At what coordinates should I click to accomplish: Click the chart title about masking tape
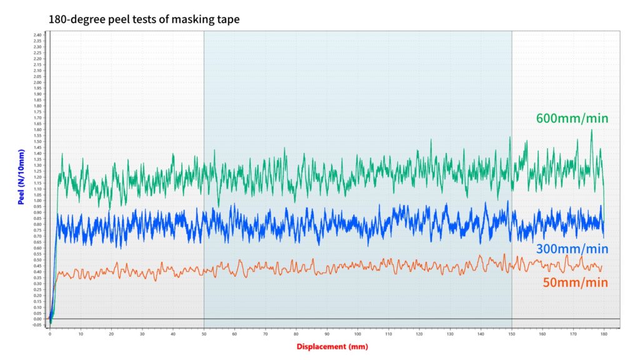(144, 20)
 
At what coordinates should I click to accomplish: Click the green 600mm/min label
(572, 118)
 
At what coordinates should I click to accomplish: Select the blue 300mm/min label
(572, 249)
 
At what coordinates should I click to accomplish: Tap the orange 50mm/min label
(575, 282)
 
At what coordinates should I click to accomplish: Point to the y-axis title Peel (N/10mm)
(21, 177)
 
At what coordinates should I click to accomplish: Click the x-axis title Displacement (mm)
(332, 346)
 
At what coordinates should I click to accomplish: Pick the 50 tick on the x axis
(204, 334)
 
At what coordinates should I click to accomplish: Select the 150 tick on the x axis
(512, 334)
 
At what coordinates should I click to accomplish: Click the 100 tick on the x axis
(357, 334)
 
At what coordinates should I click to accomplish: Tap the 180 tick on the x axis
(604, 334)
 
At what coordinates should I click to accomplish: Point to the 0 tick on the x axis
(50, 334)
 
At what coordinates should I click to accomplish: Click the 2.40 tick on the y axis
(37, 35)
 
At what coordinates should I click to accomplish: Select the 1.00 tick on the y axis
(37, 201)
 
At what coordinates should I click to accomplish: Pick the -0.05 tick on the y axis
(37, 325)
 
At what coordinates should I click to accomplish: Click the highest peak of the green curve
(591, 130)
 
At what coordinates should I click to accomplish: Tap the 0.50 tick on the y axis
(37, 260)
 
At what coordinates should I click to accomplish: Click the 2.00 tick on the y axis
(37, 82)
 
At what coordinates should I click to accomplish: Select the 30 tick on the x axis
(142, 334)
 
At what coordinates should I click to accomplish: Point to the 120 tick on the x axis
(419, 334)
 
